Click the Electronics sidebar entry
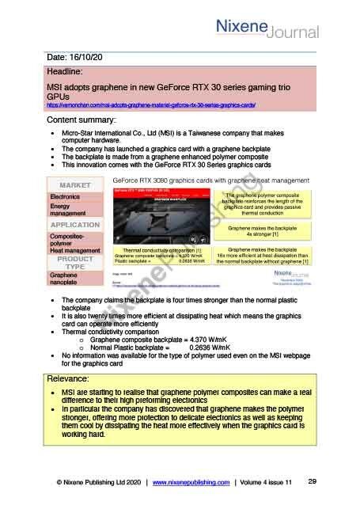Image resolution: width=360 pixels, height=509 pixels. [x=65, y=196]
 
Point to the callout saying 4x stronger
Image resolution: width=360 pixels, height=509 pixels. [x=262, y=231]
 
